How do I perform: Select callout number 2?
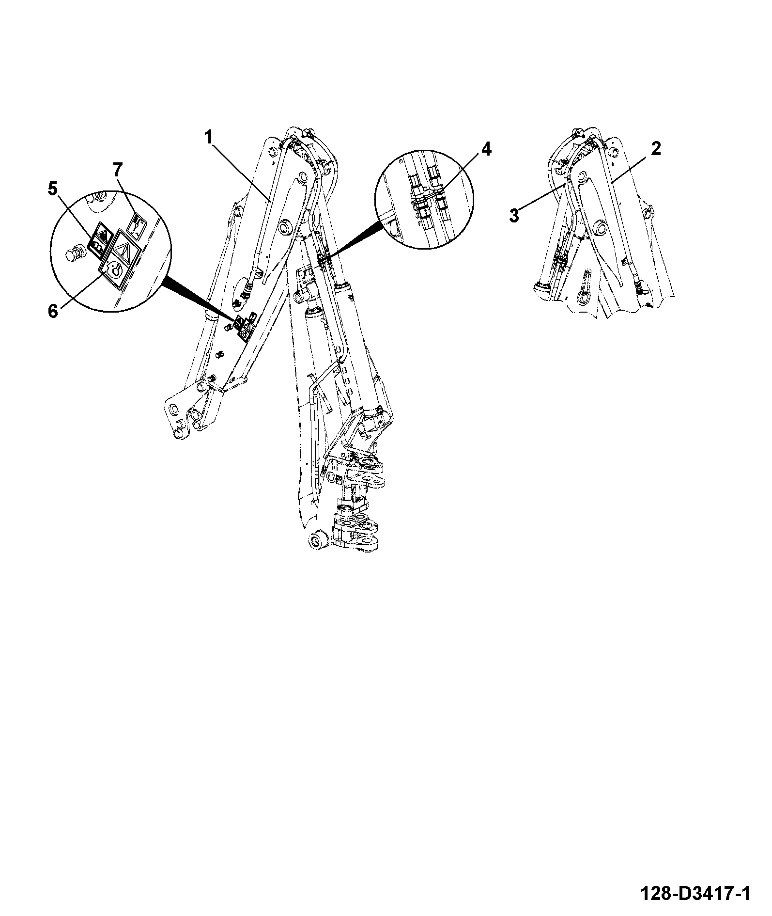coord(655,149)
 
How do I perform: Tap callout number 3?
coord(514,215)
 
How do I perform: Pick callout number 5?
coord(52,188)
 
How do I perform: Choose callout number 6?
coord(53,311)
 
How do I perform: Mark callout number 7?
coord(118,170)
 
